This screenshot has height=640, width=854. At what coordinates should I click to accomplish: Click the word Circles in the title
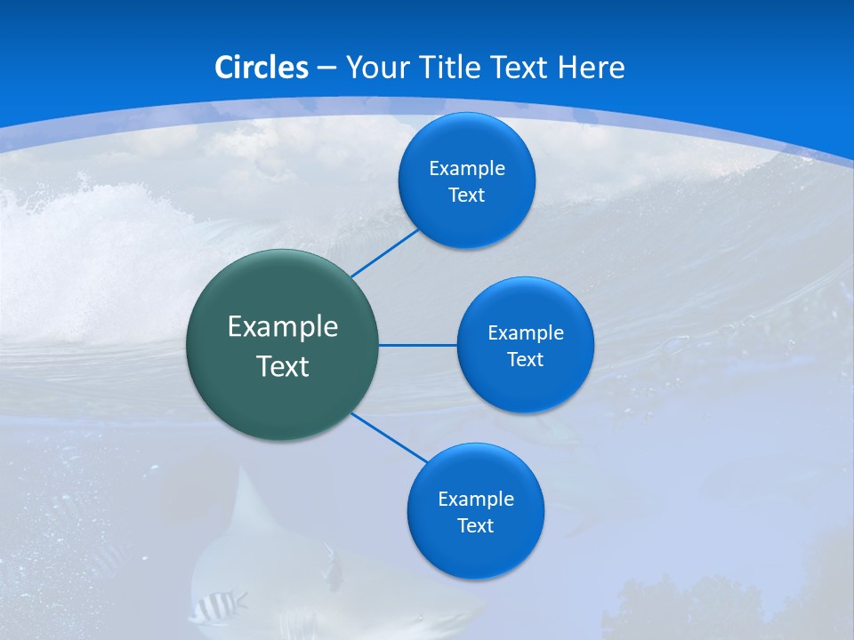point(262,68)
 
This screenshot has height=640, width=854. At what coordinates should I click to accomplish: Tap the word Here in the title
point(591,68)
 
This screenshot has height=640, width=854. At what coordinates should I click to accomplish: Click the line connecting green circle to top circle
point(384,252)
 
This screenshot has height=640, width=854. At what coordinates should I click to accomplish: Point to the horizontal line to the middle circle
point(418,345)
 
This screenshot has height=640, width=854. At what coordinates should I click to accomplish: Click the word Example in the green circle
point(283,327)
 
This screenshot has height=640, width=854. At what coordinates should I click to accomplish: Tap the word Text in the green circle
point(283,366)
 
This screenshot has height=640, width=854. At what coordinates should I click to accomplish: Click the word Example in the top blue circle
point(467,169)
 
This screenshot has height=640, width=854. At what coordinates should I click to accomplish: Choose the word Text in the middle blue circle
point(525,360)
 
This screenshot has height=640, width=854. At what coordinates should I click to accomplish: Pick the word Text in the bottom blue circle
point(475,526)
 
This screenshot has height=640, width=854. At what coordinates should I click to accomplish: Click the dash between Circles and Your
point(326,68)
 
